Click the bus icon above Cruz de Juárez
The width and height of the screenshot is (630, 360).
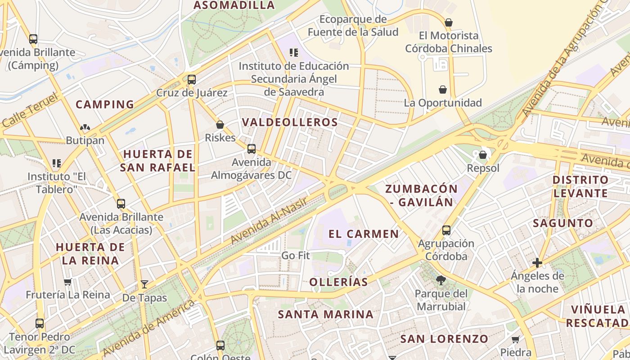tap(192, 80)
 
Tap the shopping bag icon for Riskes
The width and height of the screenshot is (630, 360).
tap(220, 125)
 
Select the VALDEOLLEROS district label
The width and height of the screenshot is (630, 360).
tap(290, 122)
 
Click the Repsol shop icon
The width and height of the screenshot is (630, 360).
tap(483, 155)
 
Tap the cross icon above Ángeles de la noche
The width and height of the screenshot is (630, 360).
tap(537, 263)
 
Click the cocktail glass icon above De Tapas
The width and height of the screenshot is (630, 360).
tap(144, 284)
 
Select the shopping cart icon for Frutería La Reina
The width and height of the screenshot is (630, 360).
tap(67, 282)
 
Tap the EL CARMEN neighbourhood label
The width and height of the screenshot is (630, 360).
tap(364, 234)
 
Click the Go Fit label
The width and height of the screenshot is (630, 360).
tap(296, 256)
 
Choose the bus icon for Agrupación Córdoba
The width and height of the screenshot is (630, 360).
tap(446, 230)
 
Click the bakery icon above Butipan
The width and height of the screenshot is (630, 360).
tap(85, 127)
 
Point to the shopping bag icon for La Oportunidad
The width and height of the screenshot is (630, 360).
tap(443, 90)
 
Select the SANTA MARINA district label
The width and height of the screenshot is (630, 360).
tap(325, 314)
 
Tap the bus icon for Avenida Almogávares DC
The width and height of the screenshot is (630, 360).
tap(252, 148)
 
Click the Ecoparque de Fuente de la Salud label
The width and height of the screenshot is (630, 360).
tap(353, 26)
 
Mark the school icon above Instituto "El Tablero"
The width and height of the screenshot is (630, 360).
tap(57, 163)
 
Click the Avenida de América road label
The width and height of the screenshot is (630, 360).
tap(148, 328)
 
